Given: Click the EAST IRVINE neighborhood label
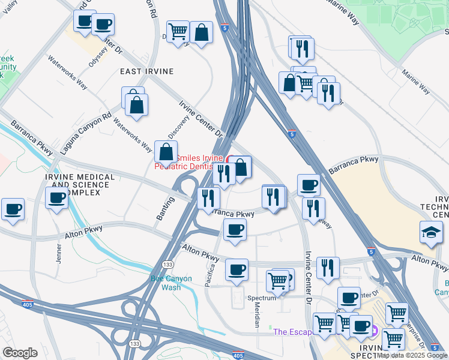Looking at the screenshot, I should (x=147, y=71).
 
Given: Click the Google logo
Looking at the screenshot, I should (x=20, y=353).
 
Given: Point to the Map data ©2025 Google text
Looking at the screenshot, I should (x=412, y=356).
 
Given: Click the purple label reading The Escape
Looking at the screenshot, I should (x=293, y=332).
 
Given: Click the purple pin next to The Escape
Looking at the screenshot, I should (x=374, y=331).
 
